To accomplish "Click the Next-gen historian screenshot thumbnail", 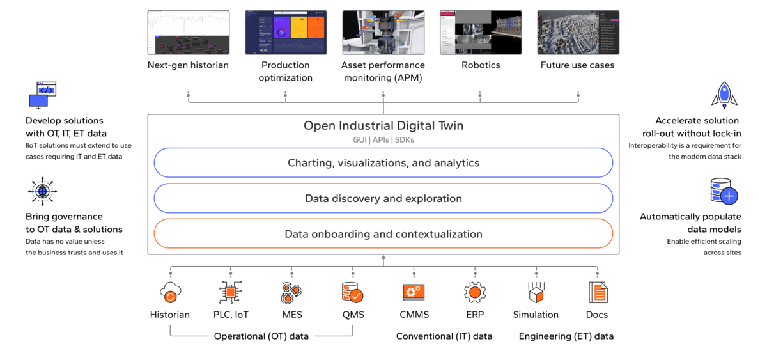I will click(x=188, y=32).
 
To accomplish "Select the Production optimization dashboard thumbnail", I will click(x=286, y=32).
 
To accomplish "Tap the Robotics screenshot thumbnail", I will click(x=481, y=32).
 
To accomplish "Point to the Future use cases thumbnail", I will click(x=578, y=32).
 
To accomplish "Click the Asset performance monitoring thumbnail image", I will click(x=383, y=32).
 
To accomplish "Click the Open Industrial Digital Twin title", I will click(x=383, y=126).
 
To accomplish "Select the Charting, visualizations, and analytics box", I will click(x=383, y=163).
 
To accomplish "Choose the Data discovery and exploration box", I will click(x=383, y=198).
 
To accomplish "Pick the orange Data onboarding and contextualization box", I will click(x=383, y=233).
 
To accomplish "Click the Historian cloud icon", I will click(x=170, y=293).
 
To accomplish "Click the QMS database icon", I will click(x=352, y=293).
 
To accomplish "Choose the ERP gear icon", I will click(x=474, y=293).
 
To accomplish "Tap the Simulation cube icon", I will click(x=536, y=293).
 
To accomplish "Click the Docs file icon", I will click(x=597, y=293).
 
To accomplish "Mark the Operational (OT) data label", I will click(x=261, y=336).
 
